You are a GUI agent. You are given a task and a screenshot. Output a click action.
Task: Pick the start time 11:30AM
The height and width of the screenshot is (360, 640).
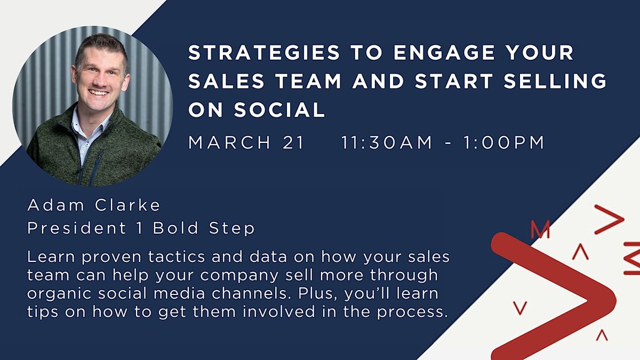coord(387,143)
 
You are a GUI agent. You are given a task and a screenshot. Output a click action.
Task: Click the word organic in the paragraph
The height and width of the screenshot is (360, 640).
coord(59,293)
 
